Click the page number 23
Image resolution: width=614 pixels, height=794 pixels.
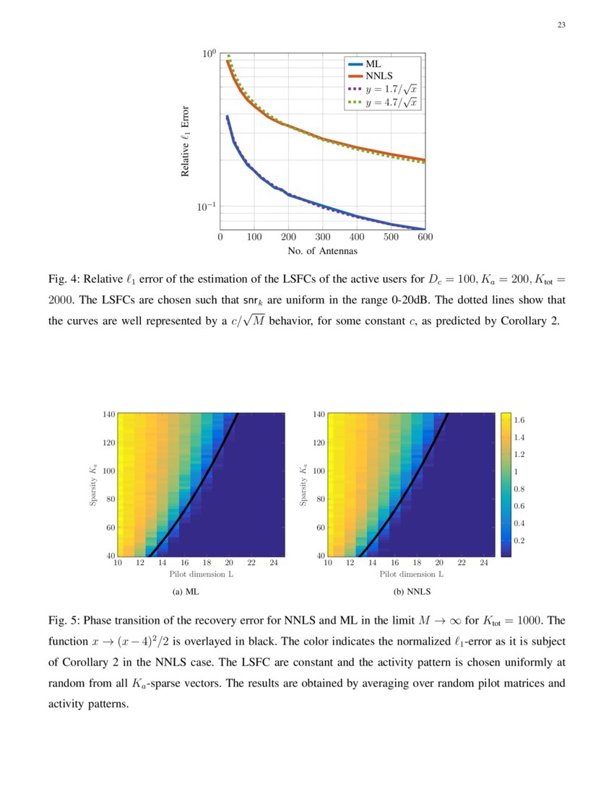pyautogui.click(x=561, y=25)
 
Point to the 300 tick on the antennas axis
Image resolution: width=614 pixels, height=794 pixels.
pyautogui.click(x=322, y=237)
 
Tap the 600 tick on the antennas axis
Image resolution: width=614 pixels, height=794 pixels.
pyautogui.click(x=425, y=237)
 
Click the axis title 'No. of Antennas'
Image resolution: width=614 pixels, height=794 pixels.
pyautogui.click(x=322, y=251)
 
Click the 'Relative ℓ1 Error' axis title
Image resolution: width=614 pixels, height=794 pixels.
pyautogui.click(x=185, y=141)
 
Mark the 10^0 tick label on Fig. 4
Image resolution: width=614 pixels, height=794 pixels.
pyautogui.click(x=209, y=53)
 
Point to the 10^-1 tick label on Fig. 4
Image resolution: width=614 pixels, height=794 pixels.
pyautogui.click(x=207, y=207)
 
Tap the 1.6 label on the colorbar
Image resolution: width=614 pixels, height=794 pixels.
pyautogui.click(x=518, y=420)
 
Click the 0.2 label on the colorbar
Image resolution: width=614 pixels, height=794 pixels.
pyautogui.click(x=518, y=540)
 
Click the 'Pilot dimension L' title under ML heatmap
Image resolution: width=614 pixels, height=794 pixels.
pyautogui.click(x=201, y=575)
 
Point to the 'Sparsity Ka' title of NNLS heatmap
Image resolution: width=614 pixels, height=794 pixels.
pyautogui.click(x=304, y=484)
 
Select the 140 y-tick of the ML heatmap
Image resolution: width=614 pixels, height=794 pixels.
pyautogui.click(x=109, y=414)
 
